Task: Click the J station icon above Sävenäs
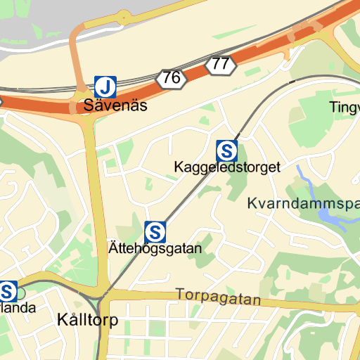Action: coord(105,86)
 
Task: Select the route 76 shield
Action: coord(172,78)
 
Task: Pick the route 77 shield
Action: coord(220,65)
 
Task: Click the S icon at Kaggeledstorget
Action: coord(227,150)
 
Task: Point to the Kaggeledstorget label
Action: coord(227,167)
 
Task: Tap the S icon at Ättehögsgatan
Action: coord(155,231)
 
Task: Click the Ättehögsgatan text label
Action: coord(155,248)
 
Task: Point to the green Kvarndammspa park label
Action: coord(303,204)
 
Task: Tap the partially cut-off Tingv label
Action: coord(345,107)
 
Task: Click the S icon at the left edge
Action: coord(8,290)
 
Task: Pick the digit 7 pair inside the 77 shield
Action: coord(220,65)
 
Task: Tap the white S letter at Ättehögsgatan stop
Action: coord(155,231)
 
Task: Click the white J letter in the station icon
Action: coord(105,86)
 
